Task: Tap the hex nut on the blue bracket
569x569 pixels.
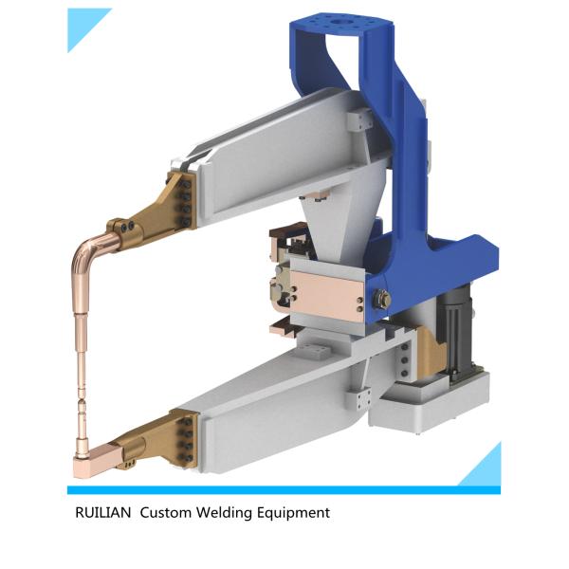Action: click(x=383, y=301)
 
